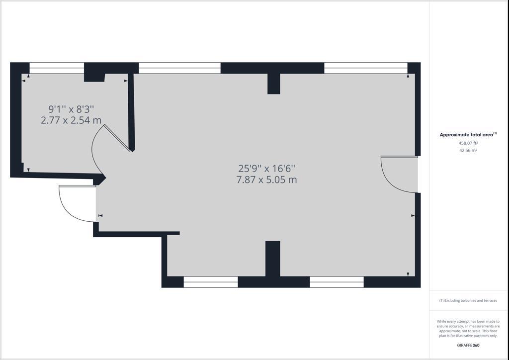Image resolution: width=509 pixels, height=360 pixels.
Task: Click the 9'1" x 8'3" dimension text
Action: click(71, 109)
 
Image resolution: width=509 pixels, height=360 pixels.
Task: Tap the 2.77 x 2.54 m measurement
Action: click(71, 120)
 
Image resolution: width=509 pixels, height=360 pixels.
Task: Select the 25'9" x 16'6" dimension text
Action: click(266, 169)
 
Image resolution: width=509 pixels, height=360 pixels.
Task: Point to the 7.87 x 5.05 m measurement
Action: click(266, 180)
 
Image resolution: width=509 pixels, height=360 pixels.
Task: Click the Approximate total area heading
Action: click(468, 134)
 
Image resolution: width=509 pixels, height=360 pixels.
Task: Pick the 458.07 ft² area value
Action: click(468, 143)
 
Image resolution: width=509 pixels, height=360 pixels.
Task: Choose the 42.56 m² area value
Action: click(468, 150)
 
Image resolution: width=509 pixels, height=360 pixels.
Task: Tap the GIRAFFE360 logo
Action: click(468, 346)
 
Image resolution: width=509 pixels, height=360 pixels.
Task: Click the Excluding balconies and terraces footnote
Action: click(468, 301)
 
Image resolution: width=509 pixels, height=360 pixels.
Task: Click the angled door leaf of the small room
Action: click(117, 138)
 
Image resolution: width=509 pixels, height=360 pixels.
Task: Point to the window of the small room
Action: click(57, 68)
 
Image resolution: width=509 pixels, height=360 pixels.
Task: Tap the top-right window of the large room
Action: click(366, 68)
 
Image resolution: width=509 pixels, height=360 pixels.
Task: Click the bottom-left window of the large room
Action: click(211, 282)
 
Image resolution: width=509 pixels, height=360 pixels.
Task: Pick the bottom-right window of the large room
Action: click(337, 282)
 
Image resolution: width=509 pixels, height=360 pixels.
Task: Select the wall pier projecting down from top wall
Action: click(274, 84)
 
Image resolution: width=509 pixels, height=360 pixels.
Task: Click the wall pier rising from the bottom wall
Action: click(273, 259)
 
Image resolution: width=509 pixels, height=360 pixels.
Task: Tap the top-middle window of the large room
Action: click(179, 68)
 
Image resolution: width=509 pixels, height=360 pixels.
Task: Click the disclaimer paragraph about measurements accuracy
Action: click(468, 329)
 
